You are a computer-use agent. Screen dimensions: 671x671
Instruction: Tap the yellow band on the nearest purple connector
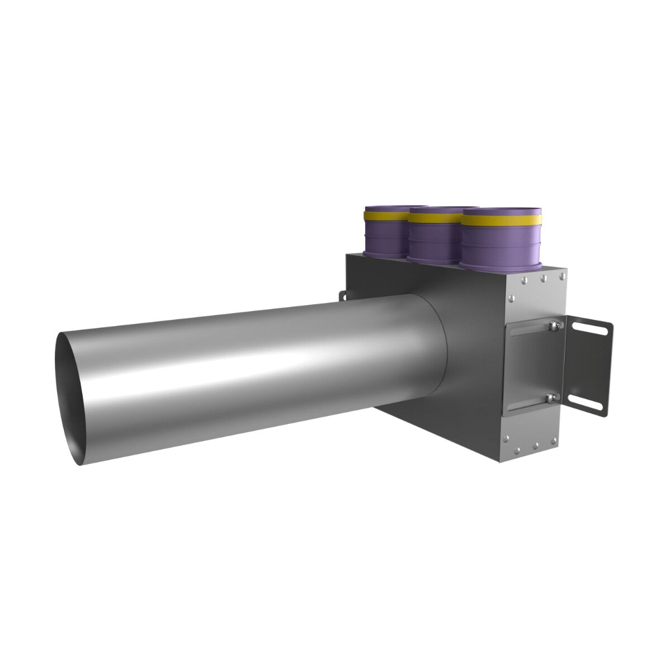(x=502, y=219)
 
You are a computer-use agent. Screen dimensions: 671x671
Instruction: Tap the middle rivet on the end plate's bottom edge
(x=535, y=446)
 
